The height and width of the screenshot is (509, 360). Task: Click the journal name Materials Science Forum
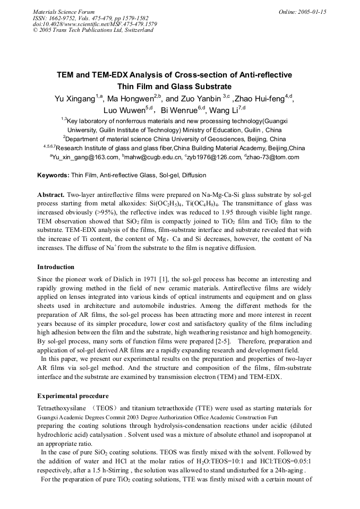click(64, 11)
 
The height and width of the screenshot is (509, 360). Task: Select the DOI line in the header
click(95, 24)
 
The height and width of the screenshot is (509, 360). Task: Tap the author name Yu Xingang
click(75, 99)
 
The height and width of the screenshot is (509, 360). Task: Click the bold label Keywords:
click(53, 175)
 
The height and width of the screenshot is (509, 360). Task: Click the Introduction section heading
click(56, 267)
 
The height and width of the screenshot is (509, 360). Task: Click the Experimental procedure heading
click(73, 396)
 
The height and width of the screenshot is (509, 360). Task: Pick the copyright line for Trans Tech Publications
click(93, 30)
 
